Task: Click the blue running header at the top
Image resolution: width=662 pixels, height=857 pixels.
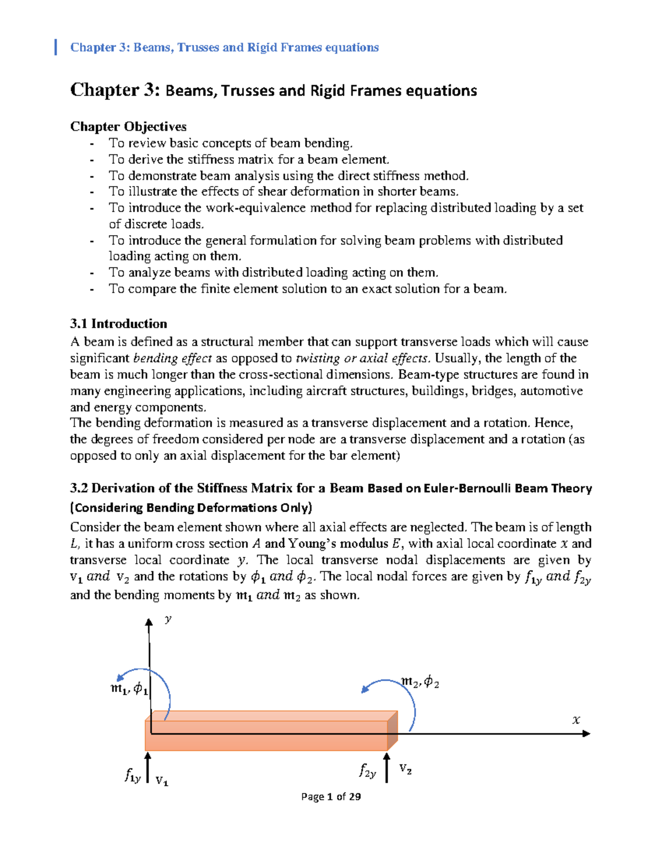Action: pyautogui.click(x=224, y=47)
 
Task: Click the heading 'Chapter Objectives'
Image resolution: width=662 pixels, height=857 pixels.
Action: pyautogui.click(x=128, y=126)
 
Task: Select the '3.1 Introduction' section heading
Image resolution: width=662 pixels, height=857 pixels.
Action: pyautogui.click(x=118, y=324)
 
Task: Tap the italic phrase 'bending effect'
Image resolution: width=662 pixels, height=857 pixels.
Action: pyautogui.click(x=173, y=358)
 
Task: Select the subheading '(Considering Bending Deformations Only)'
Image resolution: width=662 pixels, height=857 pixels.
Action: pyautogui.click(x=191, y=508)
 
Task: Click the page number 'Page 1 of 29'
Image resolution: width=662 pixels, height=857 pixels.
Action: pyautogui.click(x=331, y=796)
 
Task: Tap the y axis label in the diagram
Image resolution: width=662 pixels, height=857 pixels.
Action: pyautogui.click(x=168, y=619)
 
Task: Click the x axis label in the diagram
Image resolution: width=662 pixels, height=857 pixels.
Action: pyautogui.click(x=576, y=720)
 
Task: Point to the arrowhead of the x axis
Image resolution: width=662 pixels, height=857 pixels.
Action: pyautogui.click(x=586, y=733)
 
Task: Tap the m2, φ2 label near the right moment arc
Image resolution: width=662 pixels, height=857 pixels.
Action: pyautogui.click(x=420, y=683)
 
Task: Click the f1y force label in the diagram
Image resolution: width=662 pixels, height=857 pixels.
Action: pyautogui.click(x=132, y=776)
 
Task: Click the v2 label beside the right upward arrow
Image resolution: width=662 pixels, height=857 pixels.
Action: pyautogui.click(x=405, y=769)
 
